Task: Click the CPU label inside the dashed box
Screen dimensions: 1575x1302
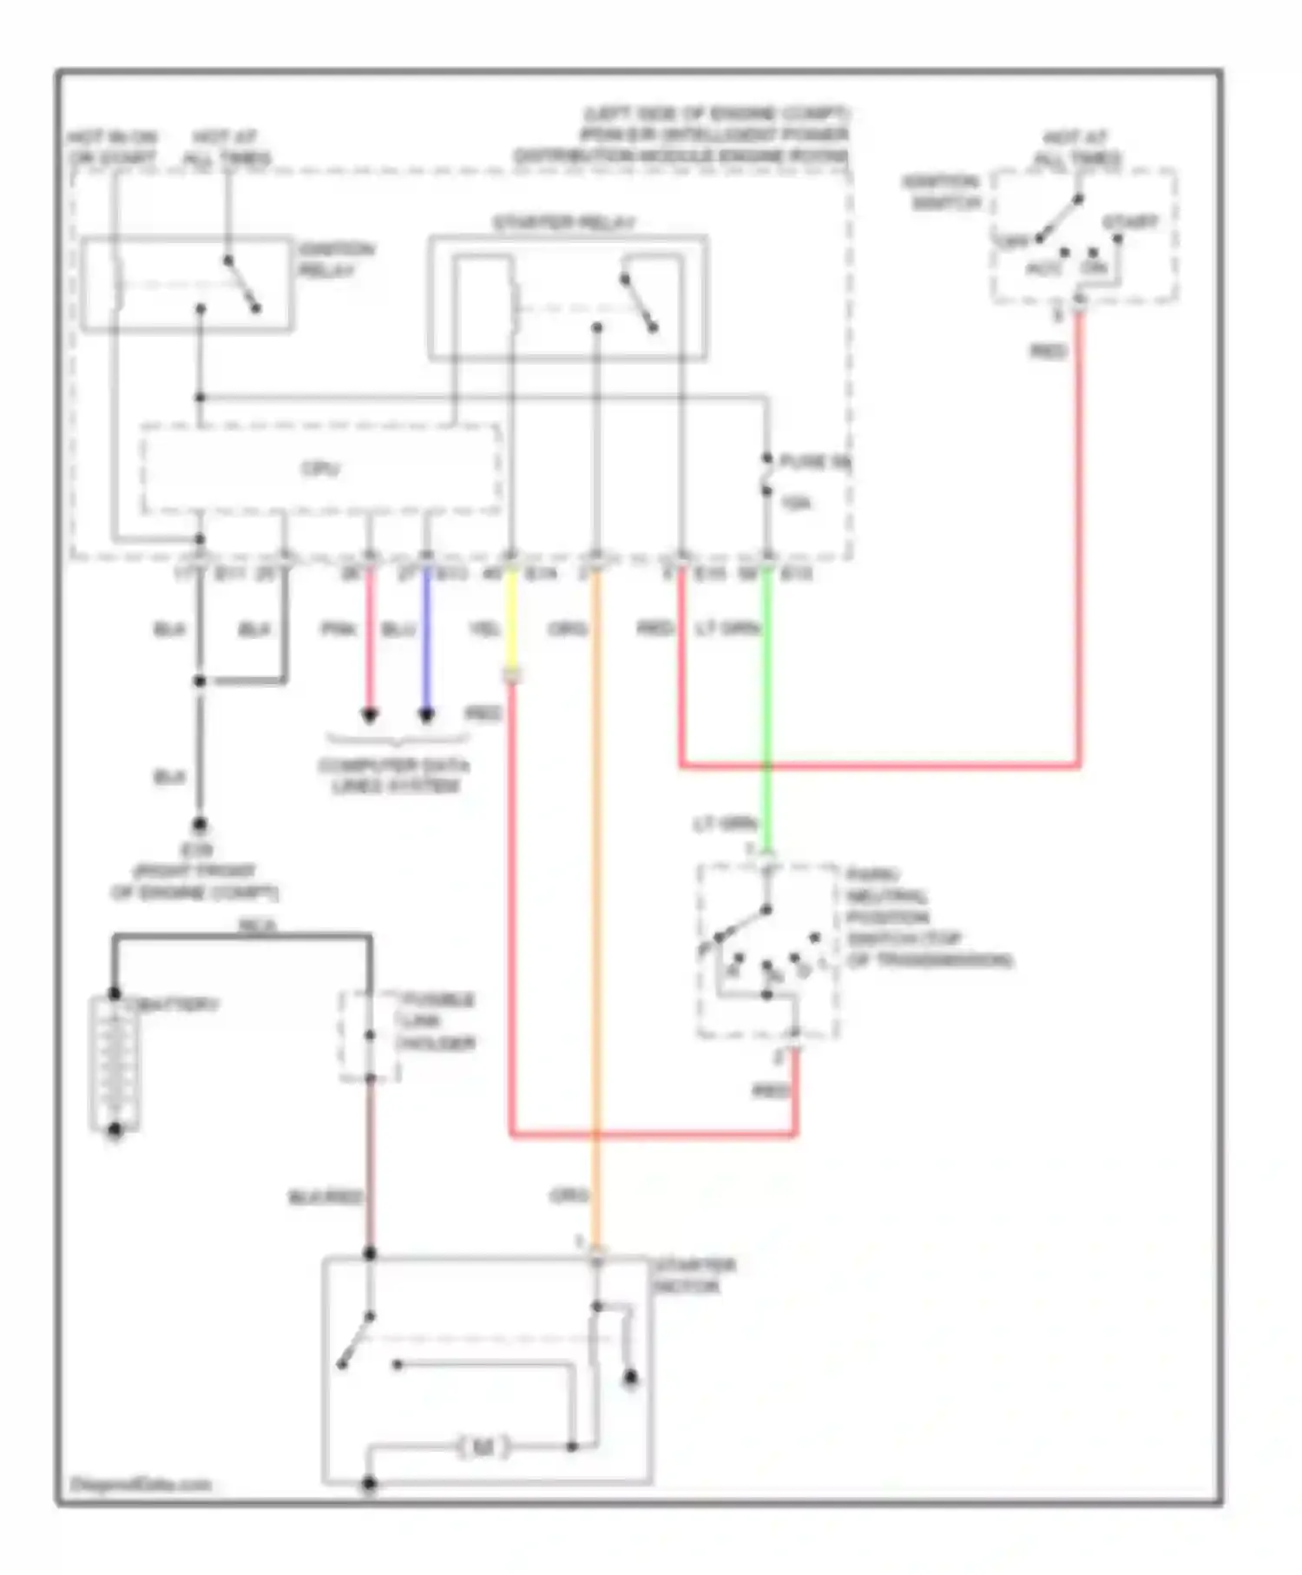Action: coord(320,469)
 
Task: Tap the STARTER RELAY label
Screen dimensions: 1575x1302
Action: coord(564,223)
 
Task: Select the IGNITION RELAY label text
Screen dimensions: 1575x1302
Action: coord(336,260)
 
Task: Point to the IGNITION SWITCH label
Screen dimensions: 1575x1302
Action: coord(941,193)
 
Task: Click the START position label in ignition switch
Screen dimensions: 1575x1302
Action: coord(1130,222)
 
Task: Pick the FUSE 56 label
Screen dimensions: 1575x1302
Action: coord(813,462)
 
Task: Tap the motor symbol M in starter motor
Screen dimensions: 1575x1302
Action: coord(483,1446)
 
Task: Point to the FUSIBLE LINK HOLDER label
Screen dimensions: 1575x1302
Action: coord(436,1021)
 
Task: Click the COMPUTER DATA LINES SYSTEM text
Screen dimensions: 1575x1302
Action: coord(394,776)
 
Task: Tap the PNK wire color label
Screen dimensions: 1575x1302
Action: coord(339,629)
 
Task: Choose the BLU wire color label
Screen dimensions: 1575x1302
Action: coord(398,629)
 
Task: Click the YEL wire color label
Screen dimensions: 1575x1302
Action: coord(483,629)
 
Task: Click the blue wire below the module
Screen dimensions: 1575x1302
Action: coord(426,643)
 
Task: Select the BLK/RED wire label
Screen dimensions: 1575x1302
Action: coord(325,1197)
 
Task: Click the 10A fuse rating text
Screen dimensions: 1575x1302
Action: coord(796,503)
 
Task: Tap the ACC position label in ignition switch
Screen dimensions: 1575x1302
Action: coord(1043,269)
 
